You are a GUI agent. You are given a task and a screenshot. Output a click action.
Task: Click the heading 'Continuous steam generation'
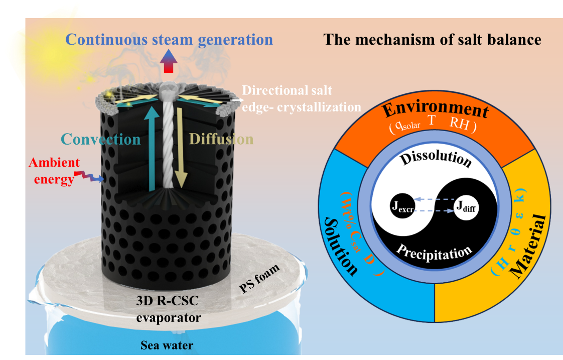(169, 40)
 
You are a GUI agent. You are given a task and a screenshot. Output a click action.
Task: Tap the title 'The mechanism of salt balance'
(432, 40)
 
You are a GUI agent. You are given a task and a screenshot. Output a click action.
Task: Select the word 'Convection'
(101, 139)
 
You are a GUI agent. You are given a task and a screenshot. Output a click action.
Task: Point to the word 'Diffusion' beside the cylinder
(221, 139)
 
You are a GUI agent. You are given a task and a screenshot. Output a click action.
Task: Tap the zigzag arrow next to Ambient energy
(89, 176)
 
